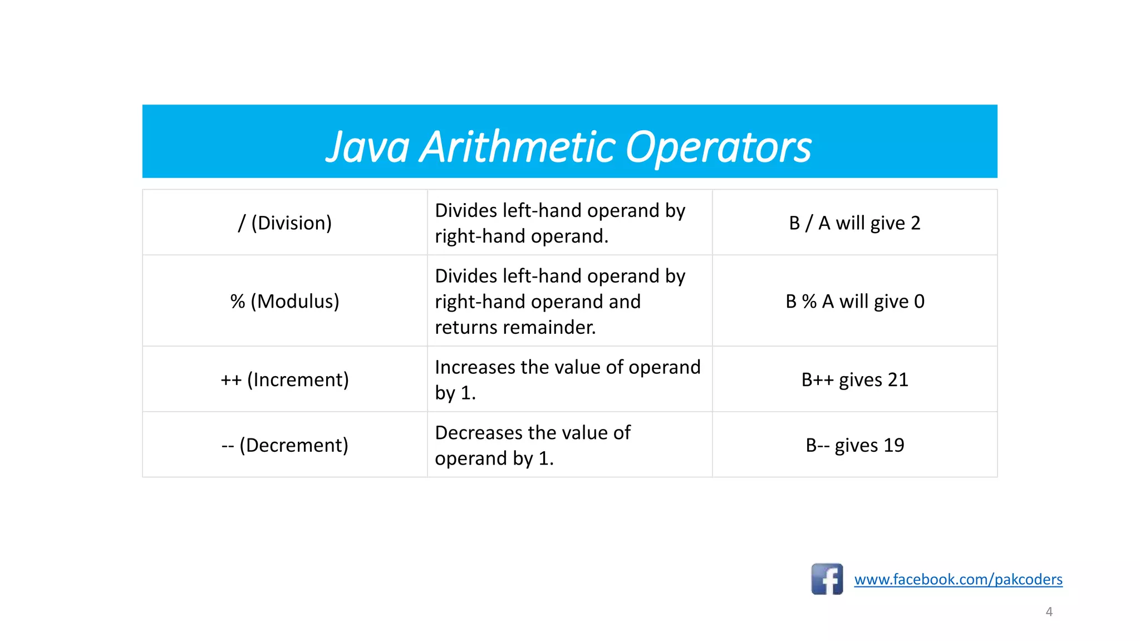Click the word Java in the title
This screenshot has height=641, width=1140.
pyautogui.click(x=368, y=147)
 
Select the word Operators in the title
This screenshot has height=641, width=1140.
pyautogui.click(x=718, y=147)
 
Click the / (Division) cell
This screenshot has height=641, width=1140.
pyautogui.click(x=284, y=223)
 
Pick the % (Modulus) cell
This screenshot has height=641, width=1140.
pyautogui.click(x=284, y=301)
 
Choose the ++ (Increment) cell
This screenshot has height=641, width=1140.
pyautogui.click(x=284, y=379)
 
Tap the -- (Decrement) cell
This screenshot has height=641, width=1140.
pyautogui.click(x=284, y=445)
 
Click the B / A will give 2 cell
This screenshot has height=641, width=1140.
pyautogui.click(x=854, y=223)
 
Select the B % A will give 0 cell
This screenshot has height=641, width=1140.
pyautogui.click(x=854, y=301)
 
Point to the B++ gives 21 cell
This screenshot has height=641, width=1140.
pyautogui.click(x=854, y=379)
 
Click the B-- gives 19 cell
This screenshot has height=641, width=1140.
pyautogui.click(x=854, y=445)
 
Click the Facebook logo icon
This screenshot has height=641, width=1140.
pyautogui.click(x=827, y=579)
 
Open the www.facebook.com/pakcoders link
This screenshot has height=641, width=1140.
pyautogui.click(x=958, y=579)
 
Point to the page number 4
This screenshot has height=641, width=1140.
pyautogui.click(x=1049, y=612)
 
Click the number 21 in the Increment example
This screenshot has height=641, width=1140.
pyautogui.click(x=898, y=379)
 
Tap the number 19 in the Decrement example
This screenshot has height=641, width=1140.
pyautogui.click(x=893, y=445)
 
